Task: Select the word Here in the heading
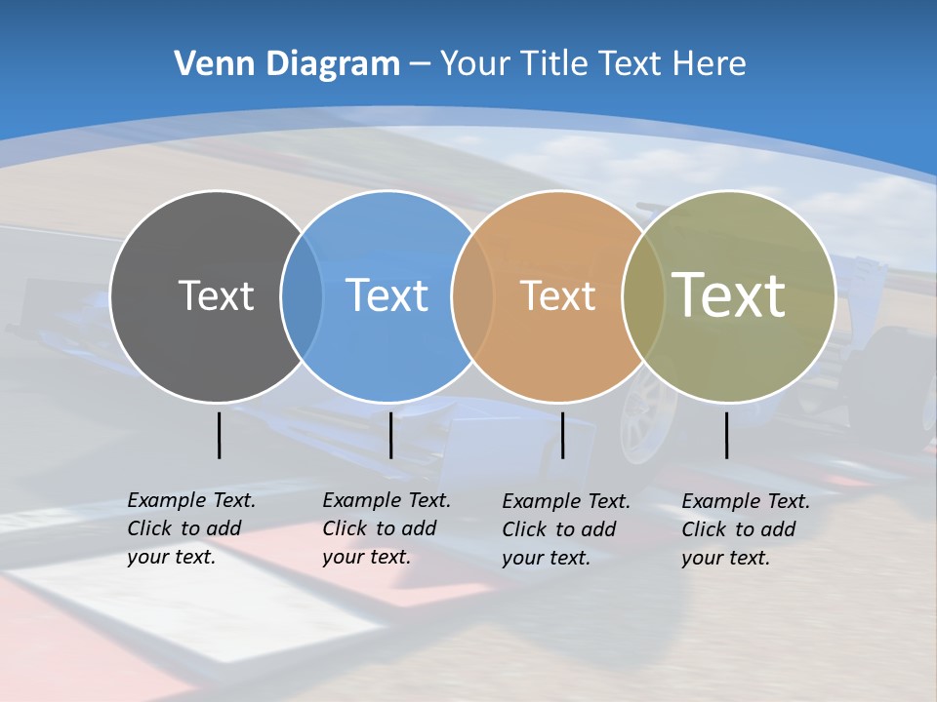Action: [x=710, y=64]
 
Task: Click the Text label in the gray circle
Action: [x=216, y=295]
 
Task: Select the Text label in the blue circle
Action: [x=387, y=295]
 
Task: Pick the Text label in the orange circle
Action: [x=557, y=295]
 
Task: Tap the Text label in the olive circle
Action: [x=728, y=295]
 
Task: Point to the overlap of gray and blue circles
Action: [x=302, y=296]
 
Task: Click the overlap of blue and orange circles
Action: [x=472, y=296]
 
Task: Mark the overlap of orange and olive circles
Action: [x=642, y=296]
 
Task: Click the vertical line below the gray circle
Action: [x=219, y=435]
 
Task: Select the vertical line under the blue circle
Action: [x=390, y=435]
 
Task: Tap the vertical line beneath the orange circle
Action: [x=562, y=435]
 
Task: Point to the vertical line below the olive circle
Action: [x=726, y=435]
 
